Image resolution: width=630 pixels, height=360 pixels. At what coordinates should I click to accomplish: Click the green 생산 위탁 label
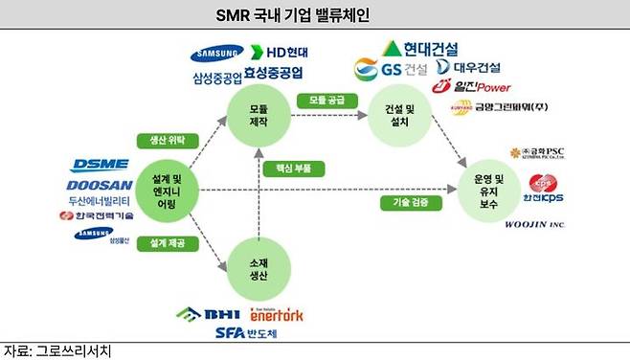[x=169, y=139]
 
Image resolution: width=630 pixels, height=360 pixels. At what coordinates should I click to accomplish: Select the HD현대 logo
[x=278, y=52]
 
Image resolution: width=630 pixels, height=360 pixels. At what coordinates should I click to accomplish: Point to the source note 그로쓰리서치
[x=57, y=350]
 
